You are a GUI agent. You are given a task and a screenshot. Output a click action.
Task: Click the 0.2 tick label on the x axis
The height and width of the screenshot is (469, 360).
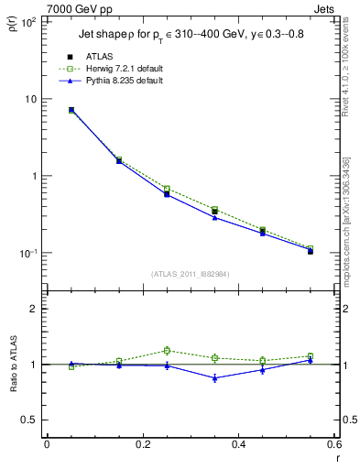click(x=142, y=445)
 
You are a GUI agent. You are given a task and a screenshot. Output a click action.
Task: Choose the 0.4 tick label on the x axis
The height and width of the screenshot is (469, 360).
click(x=238, y=445)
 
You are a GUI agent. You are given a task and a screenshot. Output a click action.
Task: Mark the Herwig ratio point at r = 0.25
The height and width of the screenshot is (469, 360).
click(x=167, y=350)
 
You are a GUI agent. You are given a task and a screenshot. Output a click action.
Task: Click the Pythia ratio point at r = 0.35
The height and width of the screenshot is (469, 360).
click(x=214, y=377)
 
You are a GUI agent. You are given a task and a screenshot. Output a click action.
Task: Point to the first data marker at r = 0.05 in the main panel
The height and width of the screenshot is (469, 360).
click(x=71, y=110)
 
